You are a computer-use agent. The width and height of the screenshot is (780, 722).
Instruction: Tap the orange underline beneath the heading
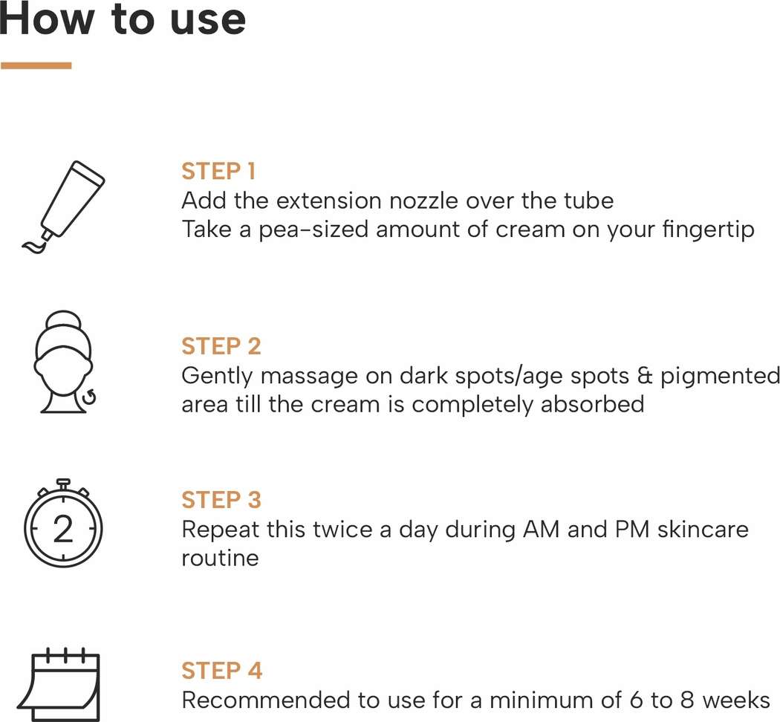coord(36,65)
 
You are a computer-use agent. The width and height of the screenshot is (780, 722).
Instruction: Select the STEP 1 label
coord(218,171)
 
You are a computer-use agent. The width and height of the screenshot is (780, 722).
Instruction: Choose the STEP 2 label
coord(221,346)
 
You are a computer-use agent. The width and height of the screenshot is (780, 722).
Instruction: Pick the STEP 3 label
coord(221,500)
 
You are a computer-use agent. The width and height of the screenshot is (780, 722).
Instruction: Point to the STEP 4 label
coord(221,670)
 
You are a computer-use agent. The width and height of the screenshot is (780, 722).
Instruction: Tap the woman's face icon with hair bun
coord(65,362)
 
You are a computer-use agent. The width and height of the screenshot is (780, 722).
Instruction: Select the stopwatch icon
coord(63,523)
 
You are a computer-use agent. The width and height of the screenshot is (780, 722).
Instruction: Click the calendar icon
coord(59,684)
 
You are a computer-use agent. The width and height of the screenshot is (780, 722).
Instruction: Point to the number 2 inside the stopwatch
coord(63,529)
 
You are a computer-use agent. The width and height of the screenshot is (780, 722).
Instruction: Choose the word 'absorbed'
coord(593,404)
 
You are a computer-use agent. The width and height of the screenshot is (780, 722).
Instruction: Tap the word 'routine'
coord(220,558)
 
